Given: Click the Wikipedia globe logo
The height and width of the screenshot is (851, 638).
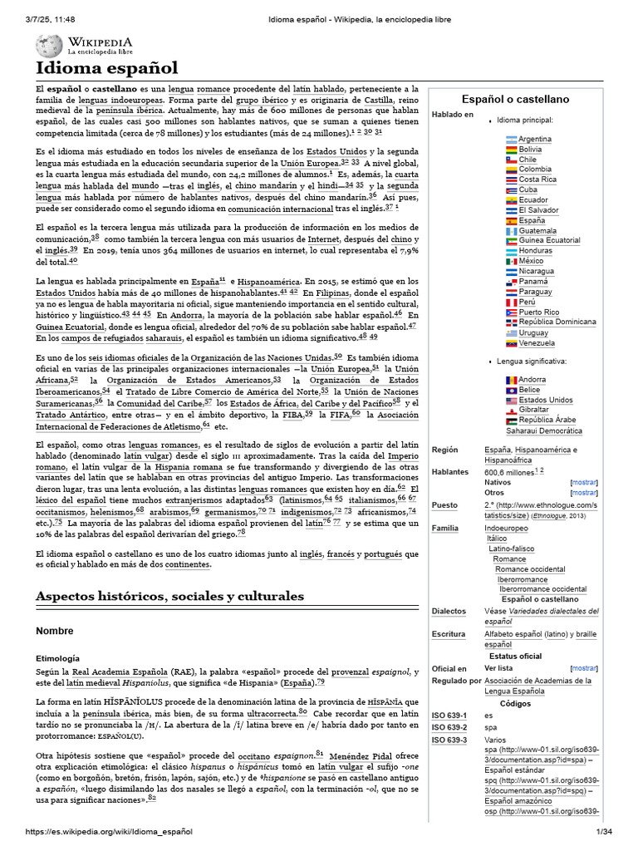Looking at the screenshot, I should pos(51,46).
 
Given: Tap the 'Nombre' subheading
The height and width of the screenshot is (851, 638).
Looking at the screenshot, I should pos(55,631).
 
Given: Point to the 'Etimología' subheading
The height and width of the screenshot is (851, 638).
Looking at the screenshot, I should pos(57,657).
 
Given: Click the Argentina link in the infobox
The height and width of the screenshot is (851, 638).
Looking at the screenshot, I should pos(535,139).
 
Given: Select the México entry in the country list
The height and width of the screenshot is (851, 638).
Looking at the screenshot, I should pos(531,261).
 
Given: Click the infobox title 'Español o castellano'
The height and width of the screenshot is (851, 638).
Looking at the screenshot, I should pos(515,99).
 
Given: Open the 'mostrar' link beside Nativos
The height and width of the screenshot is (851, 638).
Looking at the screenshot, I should pos(583,482).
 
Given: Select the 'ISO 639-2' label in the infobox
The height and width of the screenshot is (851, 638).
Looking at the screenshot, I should pos(449,727).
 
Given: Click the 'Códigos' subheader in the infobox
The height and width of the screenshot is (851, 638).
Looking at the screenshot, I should pos(515,703).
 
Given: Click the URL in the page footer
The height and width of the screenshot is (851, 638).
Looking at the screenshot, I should pos(109,832).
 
